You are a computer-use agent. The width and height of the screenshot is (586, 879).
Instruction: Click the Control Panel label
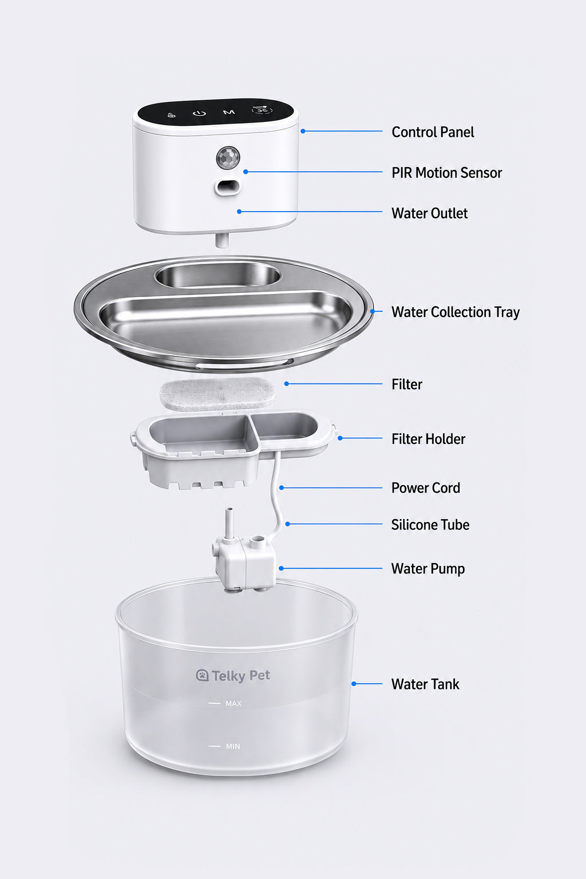pos(433,132)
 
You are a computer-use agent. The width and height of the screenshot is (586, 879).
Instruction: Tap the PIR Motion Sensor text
pos(447,173)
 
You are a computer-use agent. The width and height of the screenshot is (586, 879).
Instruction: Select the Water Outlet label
pos(429,213)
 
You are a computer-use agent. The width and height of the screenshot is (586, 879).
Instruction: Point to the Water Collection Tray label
pos(456,312)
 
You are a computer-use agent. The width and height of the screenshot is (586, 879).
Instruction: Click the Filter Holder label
pos(428,439)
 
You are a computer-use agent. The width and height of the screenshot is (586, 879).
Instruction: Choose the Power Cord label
pos(425,488)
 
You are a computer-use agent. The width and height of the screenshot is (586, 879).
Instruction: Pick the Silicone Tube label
pos(430,525)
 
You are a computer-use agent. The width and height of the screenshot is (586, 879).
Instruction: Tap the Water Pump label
pos(428,569)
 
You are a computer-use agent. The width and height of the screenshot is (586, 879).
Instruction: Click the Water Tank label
pos(425,684)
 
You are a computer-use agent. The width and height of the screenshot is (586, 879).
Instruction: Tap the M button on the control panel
pos(229,113)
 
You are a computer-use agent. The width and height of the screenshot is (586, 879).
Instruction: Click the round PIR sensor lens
pos(228,158)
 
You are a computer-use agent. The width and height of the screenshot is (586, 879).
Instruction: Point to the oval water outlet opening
pos(227,187)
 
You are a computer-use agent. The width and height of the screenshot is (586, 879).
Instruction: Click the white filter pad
pos(217,394)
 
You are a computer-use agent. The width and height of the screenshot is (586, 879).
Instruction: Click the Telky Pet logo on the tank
pos(233,675)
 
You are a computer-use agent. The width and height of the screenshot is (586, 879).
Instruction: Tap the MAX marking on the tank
pos(233,703)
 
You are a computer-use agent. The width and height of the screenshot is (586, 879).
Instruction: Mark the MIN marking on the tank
pos(233,746)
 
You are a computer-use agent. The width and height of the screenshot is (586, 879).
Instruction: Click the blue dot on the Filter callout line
pos(287,384)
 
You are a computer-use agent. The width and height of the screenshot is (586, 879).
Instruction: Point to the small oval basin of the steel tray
pos(218,275)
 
